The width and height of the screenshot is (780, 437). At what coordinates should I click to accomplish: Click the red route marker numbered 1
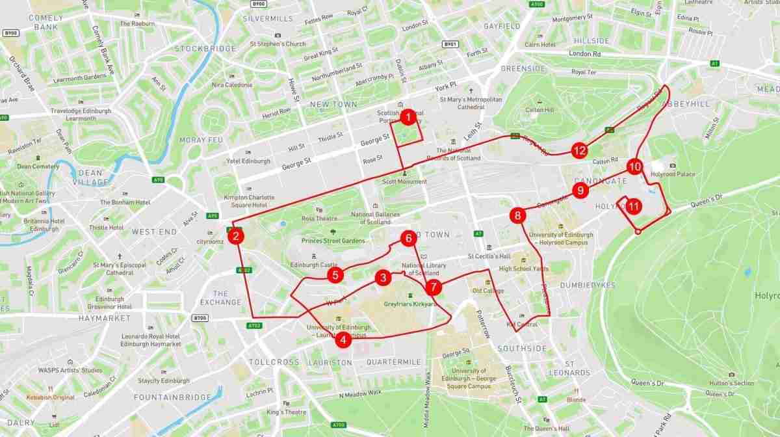coord(408,118)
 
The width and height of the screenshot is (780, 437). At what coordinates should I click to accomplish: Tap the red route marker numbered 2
coord(237,237)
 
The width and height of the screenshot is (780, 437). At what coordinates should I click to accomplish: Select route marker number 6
coord(408,238)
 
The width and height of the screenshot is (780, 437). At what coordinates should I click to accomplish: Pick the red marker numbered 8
coord(517,215)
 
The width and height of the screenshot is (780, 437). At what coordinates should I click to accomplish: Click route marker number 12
coord(580,151)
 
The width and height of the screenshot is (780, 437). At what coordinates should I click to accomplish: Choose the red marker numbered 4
coord(343,339)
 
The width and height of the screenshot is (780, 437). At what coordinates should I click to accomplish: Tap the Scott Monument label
coord(404,181)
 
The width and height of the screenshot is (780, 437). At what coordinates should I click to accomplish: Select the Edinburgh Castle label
coord(315,265)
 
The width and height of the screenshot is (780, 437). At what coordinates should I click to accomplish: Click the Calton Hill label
coord(539,110)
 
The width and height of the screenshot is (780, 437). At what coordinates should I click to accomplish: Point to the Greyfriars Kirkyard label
coord(409,304)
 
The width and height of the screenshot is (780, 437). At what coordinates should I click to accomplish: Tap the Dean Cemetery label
coord(38,166)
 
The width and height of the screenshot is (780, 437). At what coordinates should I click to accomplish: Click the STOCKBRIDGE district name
coord(205,49)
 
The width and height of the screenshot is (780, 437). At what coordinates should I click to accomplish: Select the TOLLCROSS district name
coord(274,362)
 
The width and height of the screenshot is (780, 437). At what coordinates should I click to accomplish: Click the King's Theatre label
coord(286,412)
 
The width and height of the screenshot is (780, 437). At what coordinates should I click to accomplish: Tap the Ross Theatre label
coord(320,218)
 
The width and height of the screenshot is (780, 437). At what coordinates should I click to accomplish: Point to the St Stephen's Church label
coord(278,44)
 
